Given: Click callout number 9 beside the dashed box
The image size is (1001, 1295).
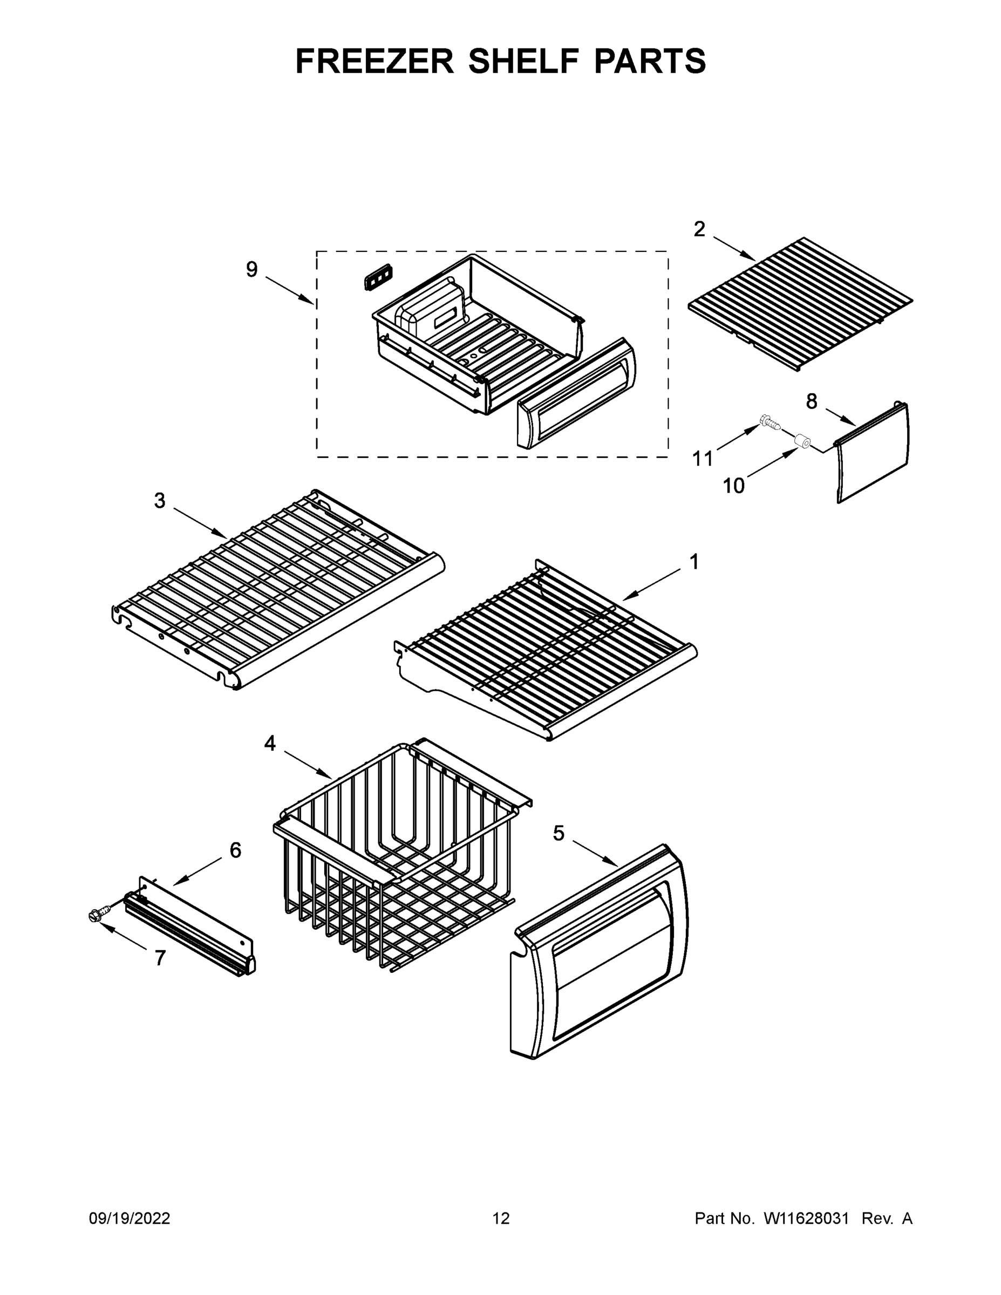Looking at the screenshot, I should [x=252, y=270].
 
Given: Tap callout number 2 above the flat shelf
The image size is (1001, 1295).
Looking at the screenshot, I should [x=700, y=229].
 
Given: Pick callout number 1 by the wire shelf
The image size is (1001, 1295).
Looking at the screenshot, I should [x=694, y=562].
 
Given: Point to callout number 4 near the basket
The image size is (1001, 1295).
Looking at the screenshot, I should [x=270, y=743].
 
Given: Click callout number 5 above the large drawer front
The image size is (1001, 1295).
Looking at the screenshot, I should [x=559, y=833].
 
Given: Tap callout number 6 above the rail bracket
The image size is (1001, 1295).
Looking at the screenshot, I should [x=235, y=850].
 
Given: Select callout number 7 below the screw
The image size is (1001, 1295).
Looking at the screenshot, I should [x=160, y=958].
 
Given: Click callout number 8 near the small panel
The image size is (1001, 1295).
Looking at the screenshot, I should [x=811, y=401].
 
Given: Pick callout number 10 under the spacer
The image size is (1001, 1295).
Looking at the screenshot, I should [x=733, y=486].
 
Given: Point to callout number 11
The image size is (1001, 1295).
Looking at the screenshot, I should [x=703, y=458].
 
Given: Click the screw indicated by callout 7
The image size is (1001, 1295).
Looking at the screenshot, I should [x=97, y=915].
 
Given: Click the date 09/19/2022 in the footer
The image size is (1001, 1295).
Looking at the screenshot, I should [x=130, y=1218].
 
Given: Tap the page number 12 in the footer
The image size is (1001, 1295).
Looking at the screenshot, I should [x=501, y=1218].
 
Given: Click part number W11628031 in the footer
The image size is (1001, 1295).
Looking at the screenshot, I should [x=806, y=1218].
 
